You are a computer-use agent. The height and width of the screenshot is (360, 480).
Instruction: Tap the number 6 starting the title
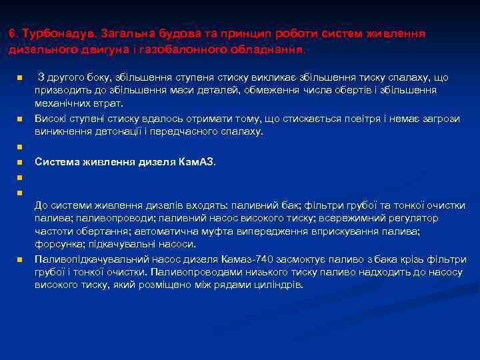pyautogui.click(x=11, y=33)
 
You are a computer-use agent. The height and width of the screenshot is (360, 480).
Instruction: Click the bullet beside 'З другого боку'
pyautogui.click(x=20, y=78)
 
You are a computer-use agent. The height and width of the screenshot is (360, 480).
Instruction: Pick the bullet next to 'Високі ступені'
pyautogui.click(x=20, y=119)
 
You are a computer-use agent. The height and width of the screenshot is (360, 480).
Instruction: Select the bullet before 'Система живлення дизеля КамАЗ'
pyautogui.click(x=20, y=162)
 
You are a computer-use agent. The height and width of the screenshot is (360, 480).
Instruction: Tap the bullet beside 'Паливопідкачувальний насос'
pyautogui.click(x=20, y=259)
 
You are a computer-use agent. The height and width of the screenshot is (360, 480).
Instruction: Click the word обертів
pyautogui.click(x=372, y=91)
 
